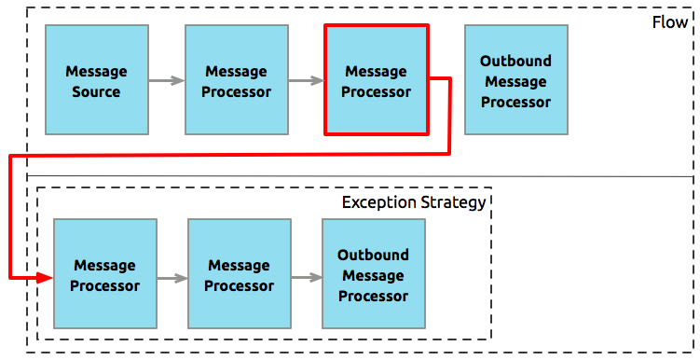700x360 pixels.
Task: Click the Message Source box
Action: (x=97, y=81)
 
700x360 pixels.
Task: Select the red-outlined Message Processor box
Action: (x=376, y=81)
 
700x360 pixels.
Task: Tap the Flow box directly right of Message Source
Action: (x=237, y=81)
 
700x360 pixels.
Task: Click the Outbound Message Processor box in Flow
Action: (x=515, y=81)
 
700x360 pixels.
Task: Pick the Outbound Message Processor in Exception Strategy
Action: (x=373, y=274)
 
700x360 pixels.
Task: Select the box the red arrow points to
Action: (x=104, y=275)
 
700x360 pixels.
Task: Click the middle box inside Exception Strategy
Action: (x=239, y=275)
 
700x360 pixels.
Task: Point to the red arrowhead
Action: (x=47, y=277)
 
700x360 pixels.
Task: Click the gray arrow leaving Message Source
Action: (x=166, y=81)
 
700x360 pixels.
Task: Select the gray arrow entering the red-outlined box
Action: (x=306, y=81)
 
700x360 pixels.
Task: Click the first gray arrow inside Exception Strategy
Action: (x=172, y=277)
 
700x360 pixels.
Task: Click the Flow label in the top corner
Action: (x=670, y=21)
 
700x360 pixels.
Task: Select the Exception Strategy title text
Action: (x=414, y=202)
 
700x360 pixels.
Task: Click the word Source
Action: (x=97, y=91)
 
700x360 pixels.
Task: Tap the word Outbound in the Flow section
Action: (x=515, y=62)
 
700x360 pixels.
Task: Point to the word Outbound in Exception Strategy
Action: (x=373, y=255)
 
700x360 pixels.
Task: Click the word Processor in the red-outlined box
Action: (x=376, y=91)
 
